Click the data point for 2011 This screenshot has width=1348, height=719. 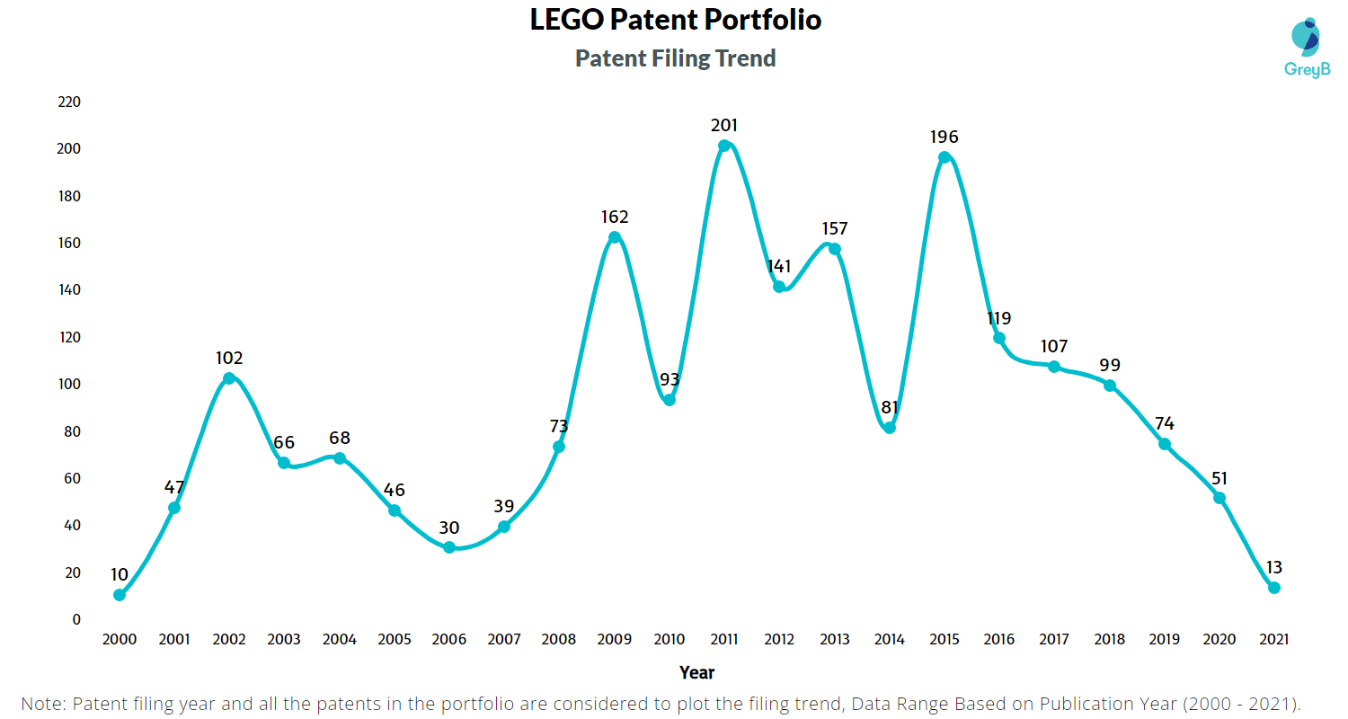click(724, 146)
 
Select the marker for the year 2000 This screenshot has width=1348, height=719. click(120, 595)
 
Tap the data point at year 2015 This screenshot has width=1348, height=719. click(944, 157)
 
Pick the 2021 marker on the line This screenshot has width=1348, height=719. click(1273, 588)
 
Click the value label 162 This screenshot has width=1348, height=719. click(615, 217)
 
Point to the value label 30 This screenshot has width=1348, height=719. click(449, 528)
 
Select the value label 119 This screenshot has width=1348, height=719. click(998, 318)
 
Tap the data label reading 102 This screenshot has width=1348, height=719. click(229, 358)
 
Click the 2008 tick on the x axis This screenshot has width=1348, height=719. click(559, 640)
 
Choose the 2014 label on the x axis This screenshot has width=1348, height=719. click(889, 640)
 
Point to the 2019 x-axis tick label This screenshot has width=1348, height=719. click(1164, 640)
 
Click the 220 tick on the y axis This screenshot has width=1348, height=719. click(69, 102)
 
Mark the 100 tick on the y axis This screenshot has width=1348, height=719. click(69, 385)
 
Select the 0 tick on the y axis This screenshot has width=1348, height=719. click(76, 619)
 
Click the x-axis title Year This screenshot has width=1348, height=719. click(696, 672)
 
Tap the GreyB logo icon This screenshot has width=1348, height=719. click(1305, 37)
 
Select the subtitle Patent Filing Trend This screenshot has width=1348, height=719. click(675, 58)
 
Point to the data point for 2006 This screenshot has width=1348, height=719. click(449, 547)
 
